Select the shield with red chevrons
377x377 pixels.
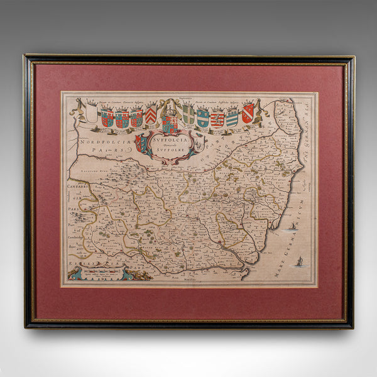pyautogui.click(x=151, y=115)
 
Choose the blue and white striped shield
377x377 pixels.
pyautogui.click(x=232, y=117)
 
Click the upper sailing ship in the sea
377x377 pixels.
pyautogui.click(x=292, y=226)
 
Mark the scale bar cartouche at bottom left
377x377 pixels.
pyautogui.click(x=101, y=272)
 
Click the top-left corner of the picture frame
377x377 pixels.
pyautogui.click(x=25, y=56)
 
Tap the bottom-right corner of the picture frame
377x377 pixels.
pyautogui.click(x=352, y=327)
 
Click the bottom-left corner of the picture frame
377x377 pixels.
pyautogui.click(x=26, y=326)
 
